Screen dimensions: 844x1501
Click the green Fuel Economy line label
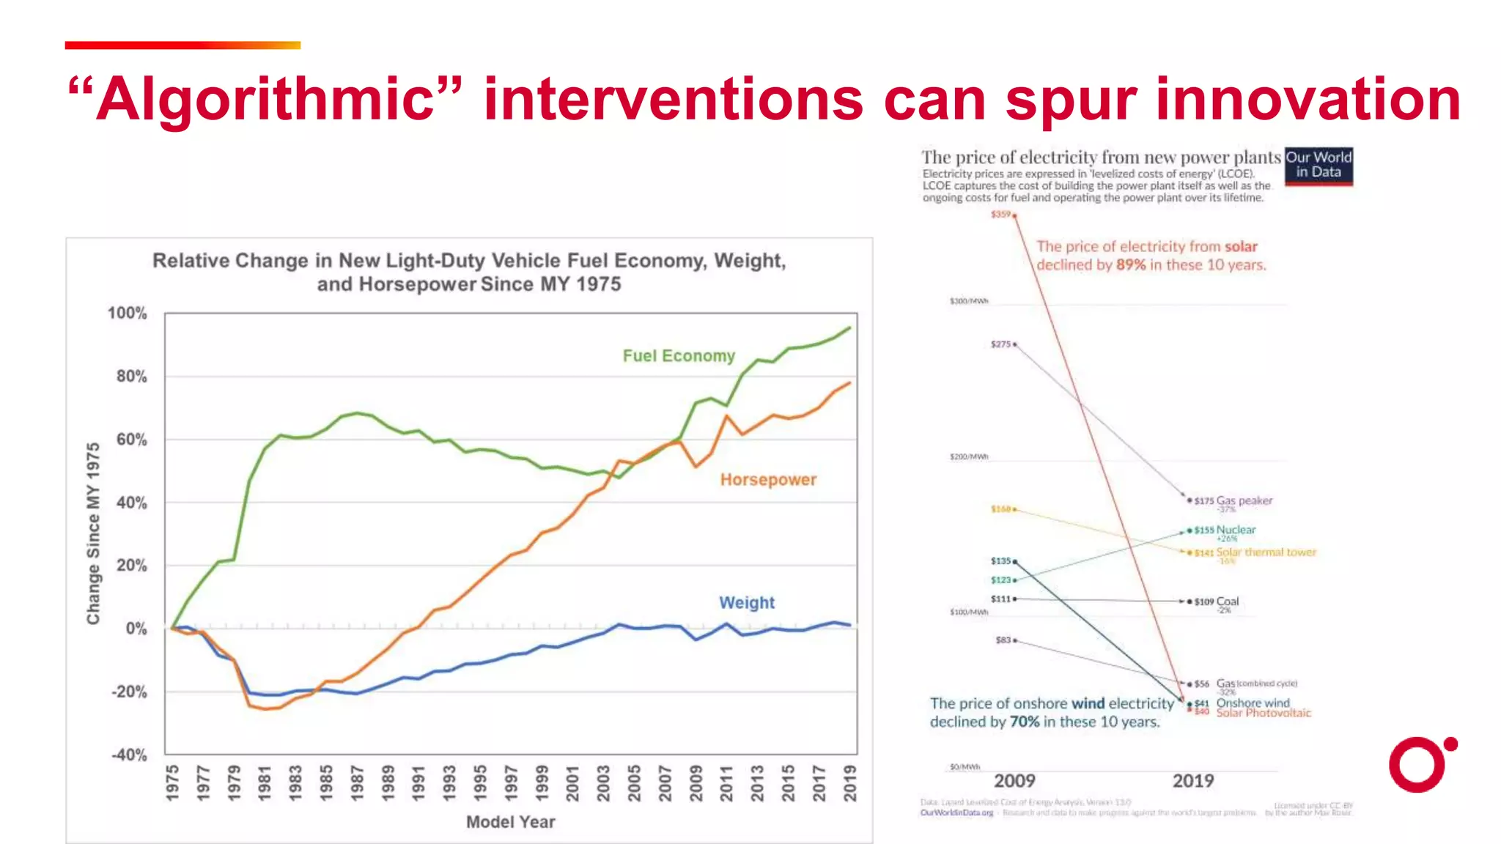(x=679, y=356)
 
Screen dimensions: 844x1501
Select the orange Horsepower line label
(x=768, y=480)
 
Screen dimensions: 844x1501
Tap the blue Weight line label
(x=746, y=603)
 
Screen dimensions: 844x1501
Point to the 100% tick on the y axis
(x=128, y=314)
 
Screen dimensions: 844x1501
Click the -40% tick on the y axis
(x=129, y=755)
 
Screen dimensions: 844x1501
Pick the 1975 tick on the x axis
(x=172, y=782)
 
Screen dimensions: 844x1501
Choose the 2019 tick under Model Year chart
(x=849, y=782)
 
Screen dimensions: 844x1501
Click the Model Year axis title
(x=511, y=822)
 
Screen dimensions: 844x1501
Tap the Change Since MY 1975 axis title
(x=93, y=533)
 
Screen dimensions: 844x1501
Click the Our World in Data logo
(x=1319, y=166)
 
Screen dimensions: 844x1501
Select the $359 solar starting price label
(x=1000, y=215)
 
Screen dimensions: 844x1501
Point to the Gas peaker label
(x=1244, y=501)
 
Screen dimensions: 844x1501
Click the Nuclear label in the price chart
(x=1236, y=530)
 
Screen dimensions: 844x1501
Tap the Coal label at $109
(x=1227, y=601)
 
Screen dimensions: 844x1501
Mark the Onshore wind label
(x=1253, y=703)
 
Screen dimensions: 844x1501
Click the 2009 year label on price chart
(x=1014, y=781)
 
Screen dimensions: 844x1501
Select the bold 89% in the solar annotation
(x=1130, y=265)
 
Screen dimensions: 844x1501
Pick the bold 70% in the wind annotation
(x=1024, y=722)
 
